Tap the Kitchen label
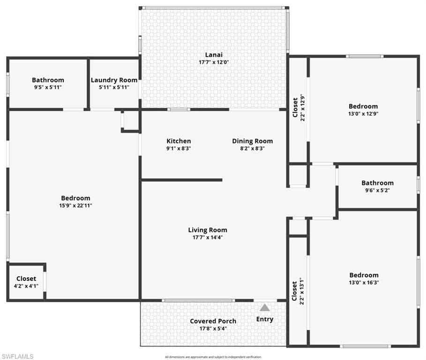[179, 141]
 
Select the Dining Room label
[252, 141]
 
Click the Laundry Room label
[114, 80]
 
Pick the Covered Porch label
[213, 321]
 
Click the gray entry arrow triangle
[265, 308]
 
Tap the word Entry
[265, 319]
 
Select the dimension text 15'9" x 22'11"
[75, 205]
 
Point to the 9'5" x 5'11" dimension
[48, 87]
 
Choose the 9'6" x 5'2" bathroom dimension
[377, 190]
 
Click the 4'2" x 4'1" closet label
[26, 286]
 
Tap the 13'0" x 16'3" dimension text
[364, 283]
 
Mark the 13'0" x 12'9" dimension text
[363, 114]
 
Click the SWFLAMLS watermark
[17, 356]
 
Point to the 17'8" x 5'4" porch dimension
[213, 329]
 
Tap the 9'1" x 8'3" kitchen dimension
[179, 148]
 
